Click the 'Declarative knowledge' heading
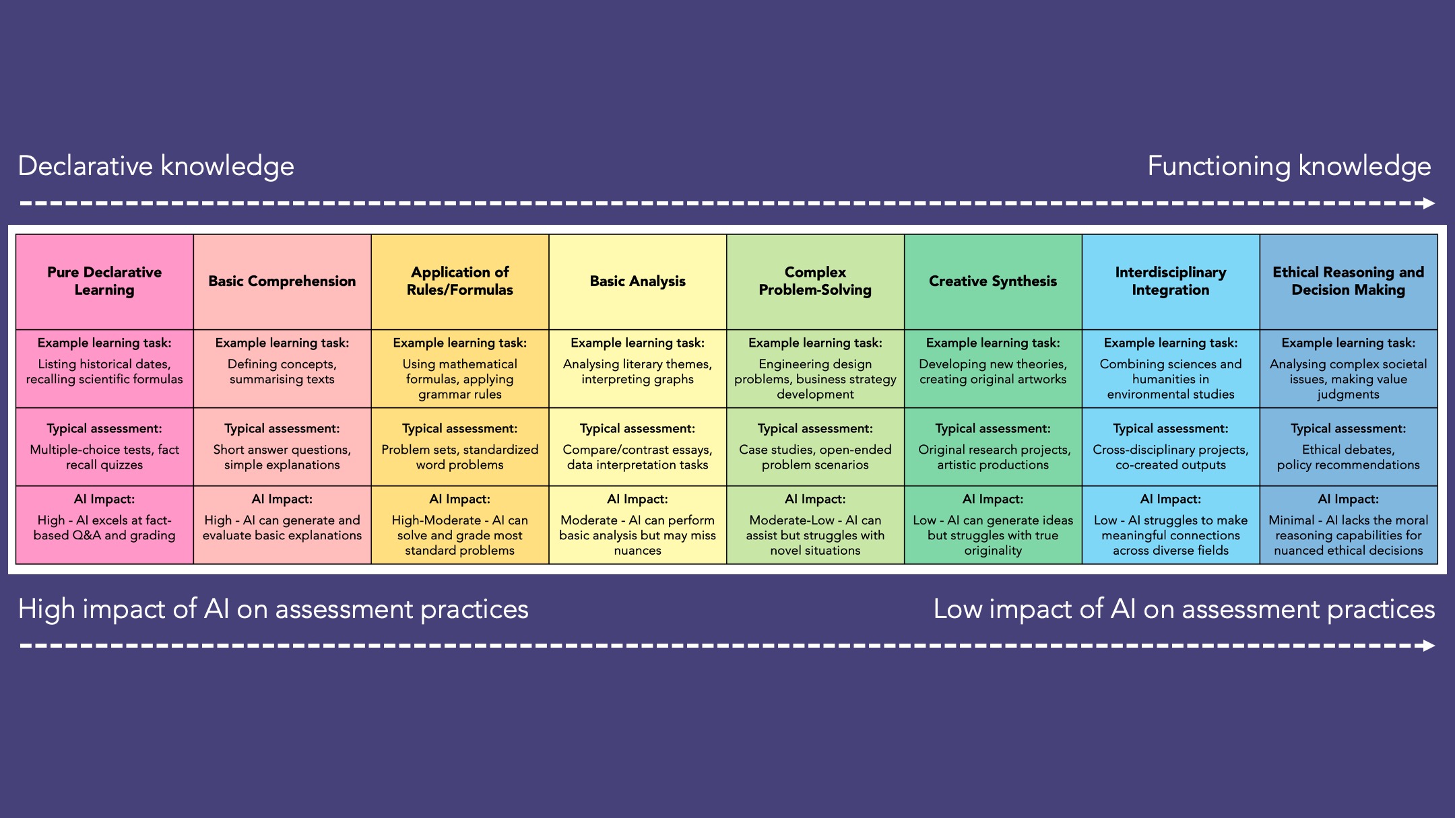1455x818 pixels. click(156, 166)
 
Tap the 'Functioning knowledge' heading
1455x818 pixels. click(1289, 166)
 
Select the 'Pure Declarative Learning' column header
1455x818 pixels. click(104, 281)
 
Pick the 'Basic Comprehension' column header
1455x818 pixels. click(282, 281)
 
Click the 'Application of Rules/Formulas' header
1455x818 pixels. click(460, 281)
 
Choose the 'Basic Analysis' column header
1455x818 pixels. click(638, 281)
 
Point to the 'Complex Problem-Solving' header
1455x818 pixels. click(815, 281)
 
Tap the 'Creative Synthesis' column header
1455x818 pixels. click(993, 281)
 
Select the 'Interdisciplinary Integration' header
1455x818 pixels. click(1171, 281)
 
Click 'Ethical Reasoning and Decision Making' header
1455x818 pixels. click(1349, 281)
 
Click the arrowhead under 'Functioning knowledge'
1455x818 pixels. click(1429, 203)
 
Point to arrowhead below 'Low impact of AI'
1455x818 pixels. click(1429, 646)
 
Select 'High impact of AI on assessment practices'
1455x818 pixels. click(273, 609)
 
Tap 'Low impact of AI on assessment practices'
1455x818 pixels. click(1184, 609)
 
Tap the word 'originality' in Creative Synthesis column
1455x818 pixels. click(993, 551)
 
